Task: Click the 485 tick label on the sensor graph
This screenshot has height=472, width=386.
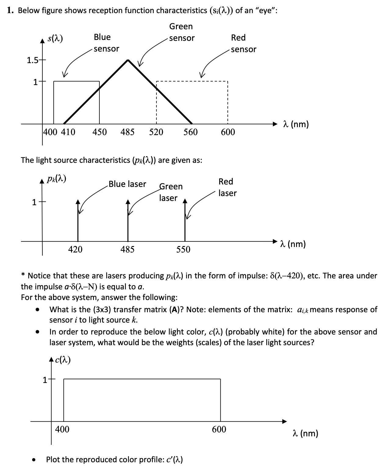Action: point(127,132)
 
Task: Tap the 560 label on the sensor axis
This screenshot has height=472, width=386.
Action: point(191,132)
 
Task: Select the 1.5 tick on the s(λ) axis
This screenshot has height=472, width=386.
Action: point(32,60)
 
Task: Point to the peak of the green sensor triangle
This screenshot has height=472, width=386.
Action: point(128,60)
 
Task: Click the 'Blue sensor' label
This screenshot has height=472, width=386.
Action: point(106,43)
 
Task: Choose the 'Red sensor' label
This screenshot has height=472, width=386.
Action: point(243,43)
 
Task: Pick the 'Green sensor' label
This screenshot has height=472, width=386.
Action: point(182,32)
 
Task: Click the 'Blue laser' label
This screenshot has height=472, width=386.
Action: point(127,184)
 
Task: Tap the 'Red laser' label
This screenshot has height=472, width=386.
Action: point(227,187)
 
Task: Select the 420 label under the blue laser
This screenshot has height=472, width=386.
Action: point(75,249)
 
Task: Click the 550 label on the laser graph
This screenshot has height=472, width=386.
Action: point(183,249)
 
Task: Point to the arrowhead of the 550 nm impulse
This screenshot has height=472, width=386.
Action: point(184,201)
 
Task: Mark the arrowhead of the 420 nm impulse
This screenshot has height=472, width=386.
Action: point(78,201)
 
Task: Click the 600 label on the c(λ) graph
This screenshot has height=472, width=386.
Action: point(219,429)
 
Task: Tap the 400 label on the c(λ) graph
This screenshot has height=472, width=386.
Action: point(62,429)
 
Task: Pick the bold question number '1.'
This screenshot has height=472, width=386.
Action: point(11,11)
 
